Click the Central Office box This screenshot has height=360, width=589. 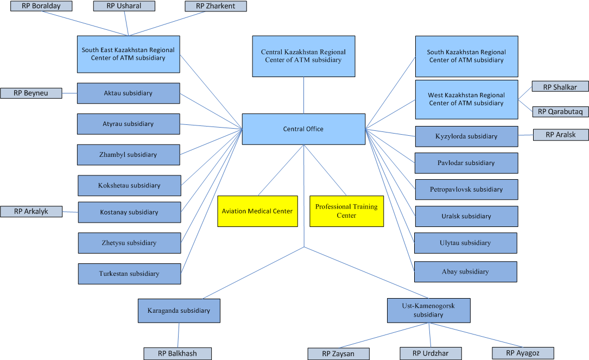pyautogui.click(x=303, y=129)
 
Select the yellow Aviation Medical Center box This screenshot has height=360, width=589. pyautogui.click(x=257, y=211)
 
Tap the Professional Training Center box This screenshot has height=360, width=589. pyautogui.click(x=346, y=211)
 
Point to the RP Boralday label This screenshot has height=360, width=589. pyautogui.click(x=41, y=7)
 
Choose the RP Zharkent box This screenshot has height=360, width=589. pyautogui.click(x=216, y=7)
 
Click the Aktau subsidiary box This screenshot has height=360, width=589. pyautogui.click(x=128, y=93)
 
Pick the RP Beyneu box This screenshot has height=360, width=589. pyautogui.click(x=31, y=93)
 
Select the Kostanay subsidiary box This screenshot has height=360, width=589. pyautogui.click(x=129, y=212)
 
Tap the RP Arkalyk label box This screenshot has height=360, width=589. pyautogui.click(x=31, y=212)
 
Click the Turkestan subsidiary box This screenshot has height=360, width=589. pyautogui.click(x=129, y=274)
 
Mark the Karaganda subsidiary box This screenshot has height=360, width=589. pyautogui.click(x=179, y=311)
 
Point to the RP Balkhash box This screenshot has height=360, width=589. pyautogui.click(x=178, y=353)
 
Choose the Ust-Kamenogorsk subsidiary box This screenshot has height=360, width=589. pyautogui.click(x=428, y=311)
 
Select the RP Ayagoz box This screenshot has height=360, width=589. pyautogui.click(x=523, y=353)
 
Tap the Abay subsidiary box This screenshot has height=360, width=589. pyautogui.click(x=465, y=271)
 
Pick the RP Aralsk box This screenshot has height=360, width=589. pyautogui.click(x=560, y=135)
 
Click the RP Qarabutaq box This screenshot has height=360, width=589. pyautogui.click(x=560, y=111)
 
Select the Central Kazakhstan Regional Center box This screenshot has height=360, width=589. pyautogui.click(x=303, y=56)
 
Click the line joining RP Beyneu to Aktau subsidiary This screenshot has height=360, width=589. pyautogui.click(x=69, y=93)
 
